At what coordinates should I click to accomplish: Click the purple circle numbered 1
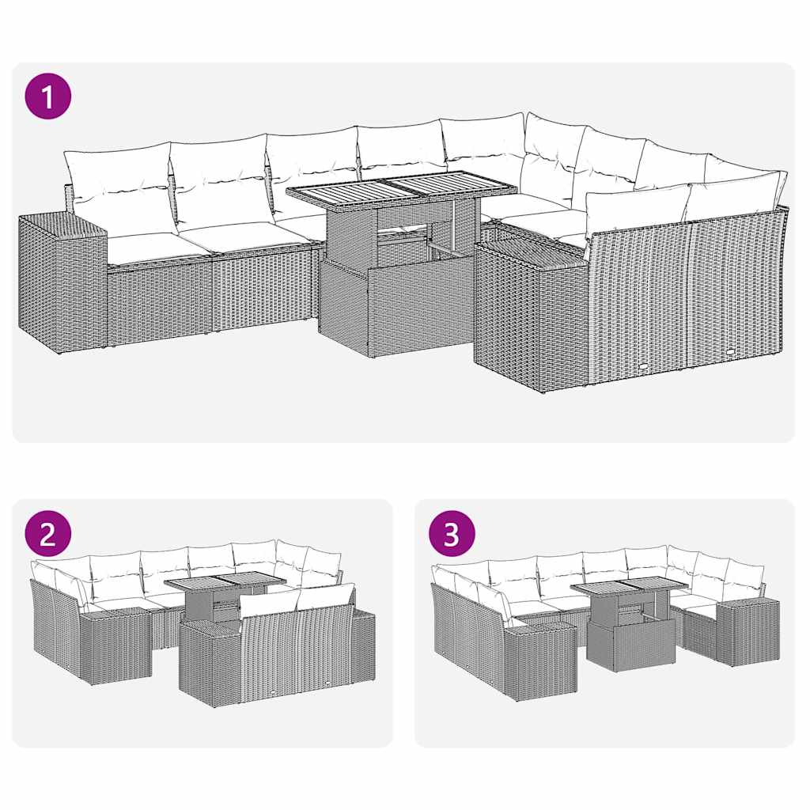[47, 97]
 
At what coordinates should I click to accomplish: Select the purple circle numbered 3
[451, 534]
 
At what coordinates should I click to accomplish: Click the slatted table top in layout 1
[401, 188]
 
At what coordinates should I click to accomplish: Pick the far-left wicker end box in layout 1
[62, 285]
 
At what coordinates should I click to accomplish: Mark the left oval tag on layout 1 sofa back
[646, 366]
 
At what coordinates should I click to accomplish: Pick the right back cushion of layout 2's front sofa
[326, 596]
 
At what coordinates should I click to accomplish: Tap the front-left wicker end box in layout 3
[539, 660]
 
